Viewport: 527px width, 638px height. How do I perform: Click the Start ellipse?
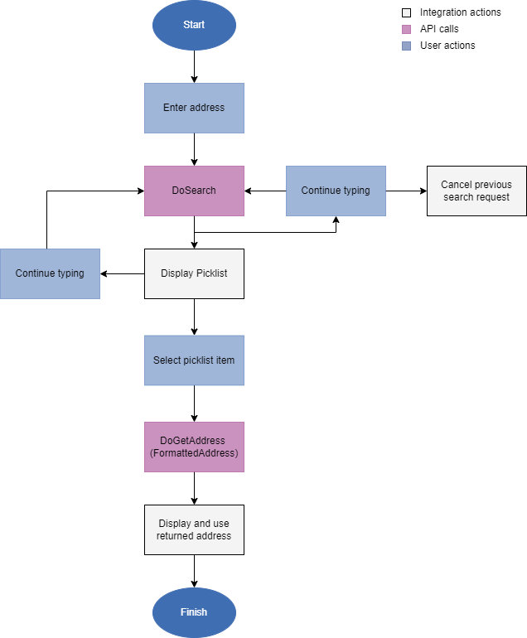194,25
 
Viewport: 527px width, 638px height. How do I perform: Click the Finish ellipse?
194,613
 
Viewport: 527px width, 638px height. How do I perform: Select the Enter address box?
194,108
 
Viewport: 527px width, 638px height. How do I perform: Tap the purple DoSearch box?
194,191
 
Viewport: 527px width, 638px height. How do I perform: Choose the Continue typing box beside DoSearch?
336,191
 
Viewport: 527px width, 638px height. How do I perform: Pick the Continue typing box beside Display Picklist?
50,273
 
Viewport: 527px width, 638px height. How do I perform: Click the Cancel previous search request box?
476,191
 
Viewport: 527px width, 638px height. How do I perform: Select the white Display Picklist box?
194,273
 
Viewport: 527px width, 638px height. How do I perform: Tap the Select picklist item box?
194,360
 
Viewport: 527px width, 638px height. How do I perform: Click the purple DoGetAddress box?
194,447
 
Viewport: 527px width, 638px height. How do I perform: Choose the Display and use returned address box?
194,530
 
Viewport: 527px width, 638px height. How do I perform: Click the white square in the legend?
406,13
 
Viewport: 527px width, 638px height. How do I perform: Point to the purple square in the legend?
406,30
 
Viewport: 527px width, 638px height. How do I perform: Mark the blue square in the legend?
406,46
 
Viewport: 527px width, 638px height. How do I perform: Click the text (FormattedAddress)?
194,453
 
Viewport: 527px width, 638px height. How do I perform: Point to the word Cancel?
456,185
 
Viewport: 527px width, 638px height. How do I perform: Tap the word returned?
175,536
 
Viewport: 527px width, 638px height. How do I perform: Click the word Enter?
175,108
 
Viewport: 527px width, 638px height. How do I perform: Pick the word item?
225,360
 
